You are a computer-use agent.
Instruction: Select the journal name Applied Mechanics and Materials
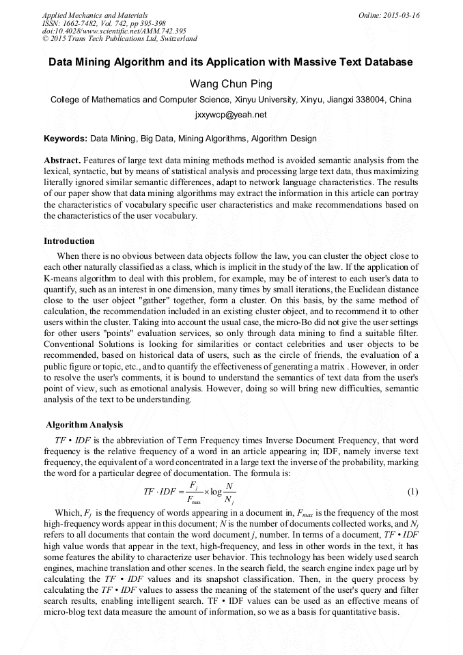(x=94, y=15)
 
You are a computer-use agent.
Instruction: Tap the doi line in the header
(x=114, y=31)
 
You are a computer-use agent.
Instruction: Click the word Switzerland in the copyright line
(x=175, y=40)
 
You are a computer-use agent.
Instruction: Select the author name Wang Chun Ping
(x=231, y=84)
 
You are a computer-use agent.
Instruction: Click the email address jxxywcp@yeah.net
(x=231, y=115)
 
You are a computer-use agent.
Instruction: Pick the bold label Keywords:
(x=66, y=138)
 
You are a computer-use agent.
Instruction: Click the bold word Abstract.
(x=62, y=161)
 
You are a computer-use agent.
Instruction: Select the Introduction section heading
(x=69, y=240)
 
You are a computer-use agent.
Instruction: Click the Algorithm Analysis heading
(x=84, y=424)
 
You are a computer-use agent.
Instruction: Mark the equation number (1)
(x=412, y=492)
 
